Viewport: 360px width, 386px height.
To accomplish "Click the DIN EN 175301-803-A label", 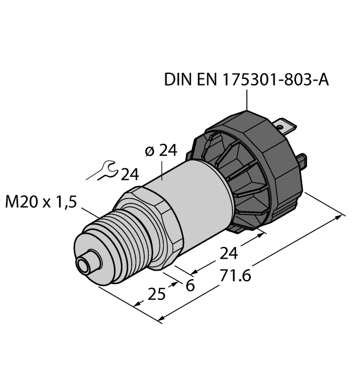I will pyautogui.click(x=246, y=81).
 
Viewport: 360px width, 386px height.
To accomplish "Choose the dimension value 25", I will pyautogui.click(x=157, y=294).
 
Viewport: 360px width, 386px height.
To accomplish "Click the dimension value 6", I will pyautogui.click(x=191, y=285).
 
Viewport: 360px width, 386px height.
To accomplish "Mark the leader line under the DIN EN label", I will pyautogui.click(x=246, y=99).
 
